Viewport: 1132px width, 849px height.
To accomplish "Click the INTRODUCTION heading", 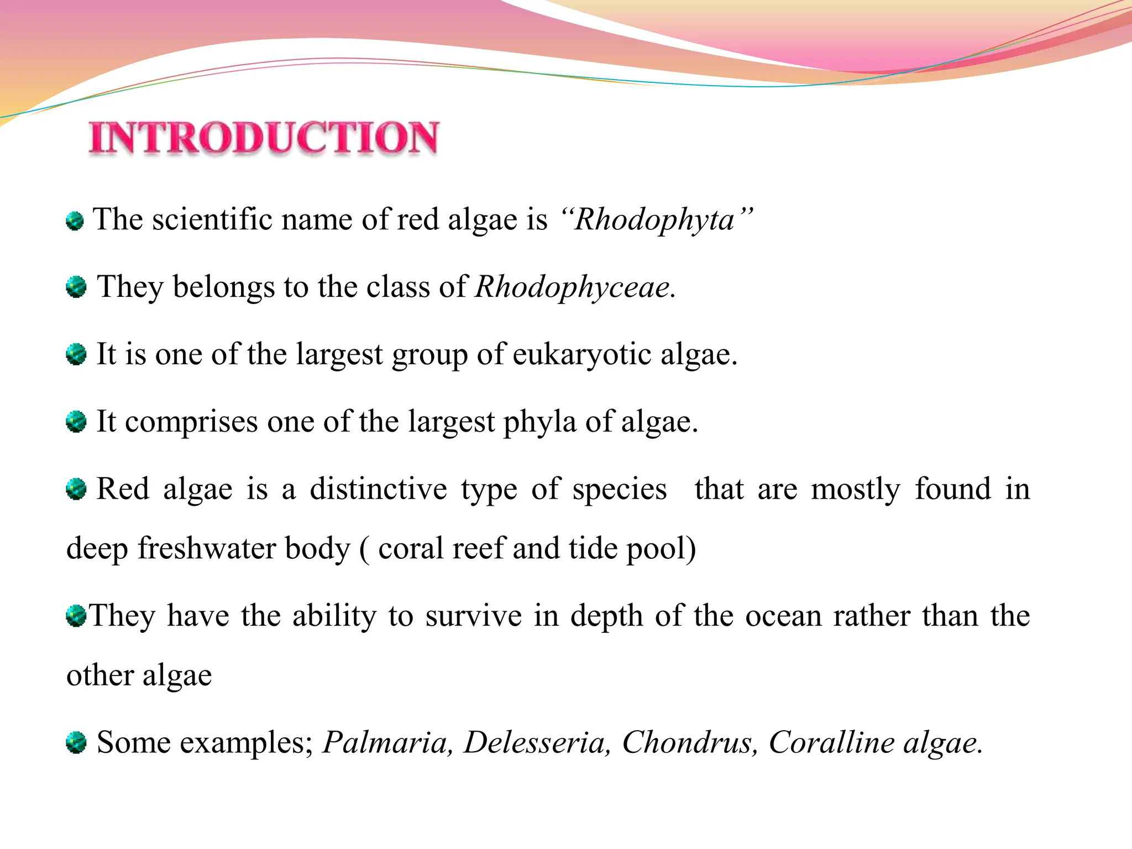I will click(264, 138).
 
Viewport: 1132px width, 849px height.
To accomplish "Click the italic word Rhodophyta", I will click(654, 220).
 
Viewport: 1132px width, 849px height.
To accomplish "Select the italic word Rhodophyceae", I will click(573, 287).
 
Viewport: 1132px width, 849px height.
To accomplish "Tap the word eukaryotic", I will click(581, 354).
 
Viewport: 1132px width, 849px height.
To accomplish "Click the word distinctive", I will click(378, 489).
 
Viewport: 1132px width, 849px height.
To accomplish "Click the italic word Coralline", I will click(831, 742).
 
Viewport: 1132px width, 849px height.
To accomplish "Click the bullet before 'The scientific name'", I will click(75, 222).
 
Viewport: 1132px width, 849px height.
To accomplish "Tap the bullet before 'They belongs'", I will click(76, 287).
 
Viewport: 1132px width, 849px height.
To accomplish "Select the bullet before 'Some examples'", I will click(76, 742).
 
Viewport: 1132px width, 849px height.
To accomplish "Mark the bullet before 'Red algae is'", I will click(76, 489).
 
